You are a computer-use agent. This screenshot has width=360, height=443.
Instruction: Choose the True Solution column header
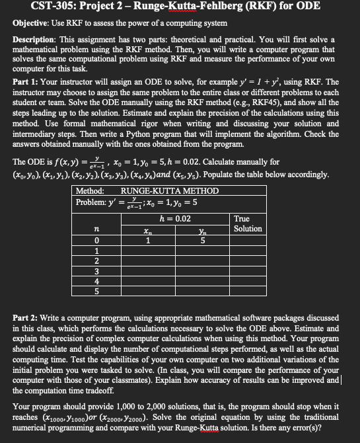point(248,223)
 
